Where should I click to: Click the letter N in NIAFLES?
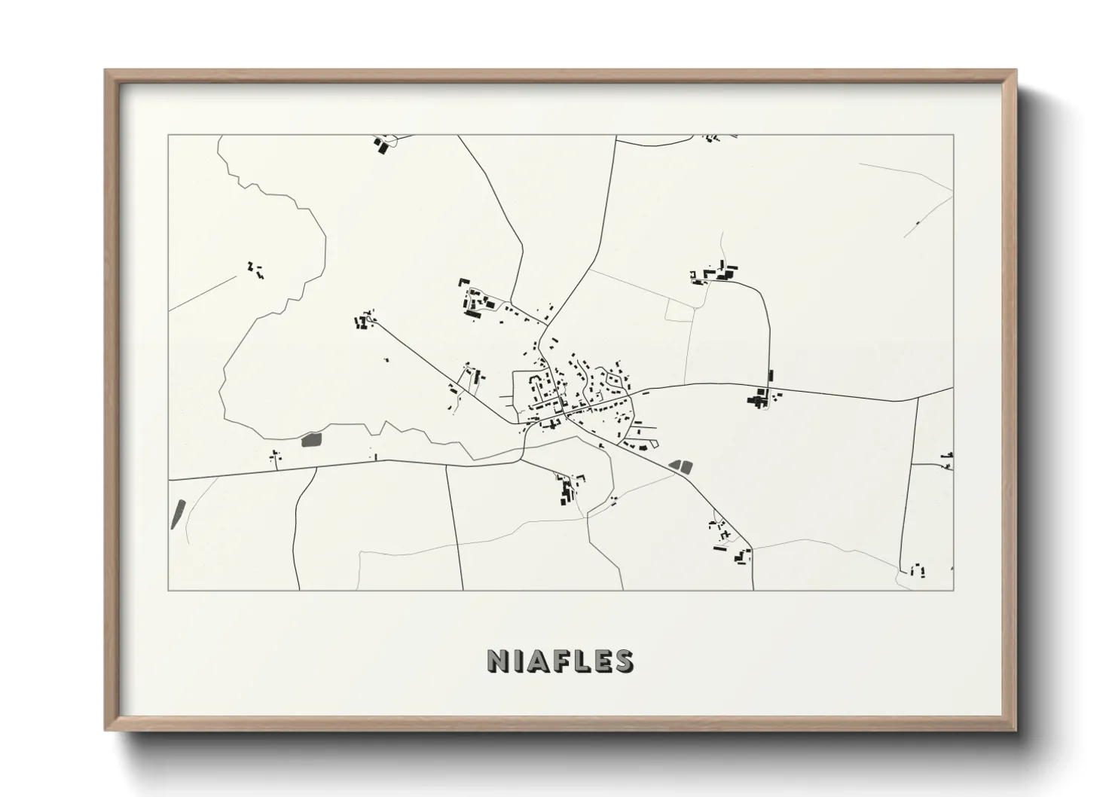point(499,661)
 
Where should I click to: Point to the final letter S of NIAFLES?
point(624,661)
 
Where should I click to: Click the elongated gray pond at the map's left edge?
point(178,514)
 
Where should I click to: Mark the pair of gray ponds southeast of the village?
point(681,466)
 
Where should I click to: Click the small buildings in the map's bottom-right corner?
point(917,570)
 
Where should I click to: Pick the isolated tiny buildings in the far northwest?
point(255,270)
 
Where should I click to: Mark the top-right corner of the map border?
point(953,136)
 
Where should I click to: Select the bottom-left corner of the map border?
point(169,590)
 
